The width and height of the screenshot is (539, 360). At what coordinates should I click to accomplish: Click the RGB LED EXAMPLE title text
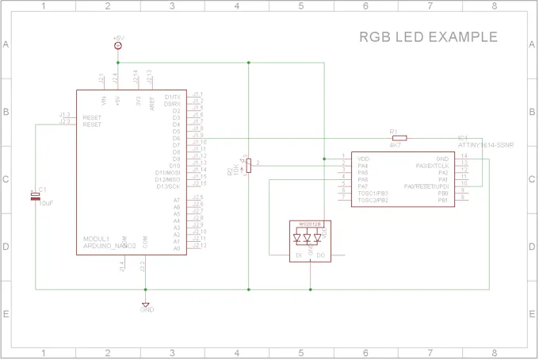click(x=428, y=37)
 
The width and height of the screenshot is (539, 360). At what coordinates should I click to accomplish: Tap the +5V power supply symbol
click(x=118, y=46)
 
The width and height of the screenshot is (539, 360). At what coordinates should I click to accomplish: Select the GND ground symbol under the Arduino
click(x=145, y=304)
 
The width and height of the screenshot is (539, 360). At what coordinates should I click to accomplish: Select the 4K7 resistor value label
click(x=394, y=145)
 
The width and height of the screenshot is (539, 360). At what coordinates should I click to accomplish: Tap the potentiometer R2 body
click(x=249, y=165)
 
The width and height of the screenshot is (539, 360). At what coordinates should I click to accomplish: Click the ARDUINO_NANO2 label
click(x=110, y=246)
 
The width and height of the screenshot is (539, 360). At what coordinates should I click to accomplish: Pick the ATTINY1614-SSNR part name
click(x=485, y=145)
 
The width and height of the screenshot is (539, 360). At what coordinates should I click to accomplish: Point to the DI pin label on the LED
click(x=298, y=255)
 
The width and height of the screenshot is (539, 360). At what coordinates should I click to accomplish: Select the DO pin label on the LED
click(x=320, y=255)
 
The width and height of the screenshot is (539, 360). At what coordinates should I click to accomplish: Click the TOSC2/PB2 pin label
click(x=373, y=200)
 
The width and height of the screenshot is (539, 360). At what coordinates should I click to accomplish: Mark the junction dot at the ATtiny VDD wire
click(x=324, y=159)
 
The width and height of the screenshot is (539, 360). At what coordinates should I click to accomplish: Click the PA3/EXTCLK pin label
click(x=432, y=165)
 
